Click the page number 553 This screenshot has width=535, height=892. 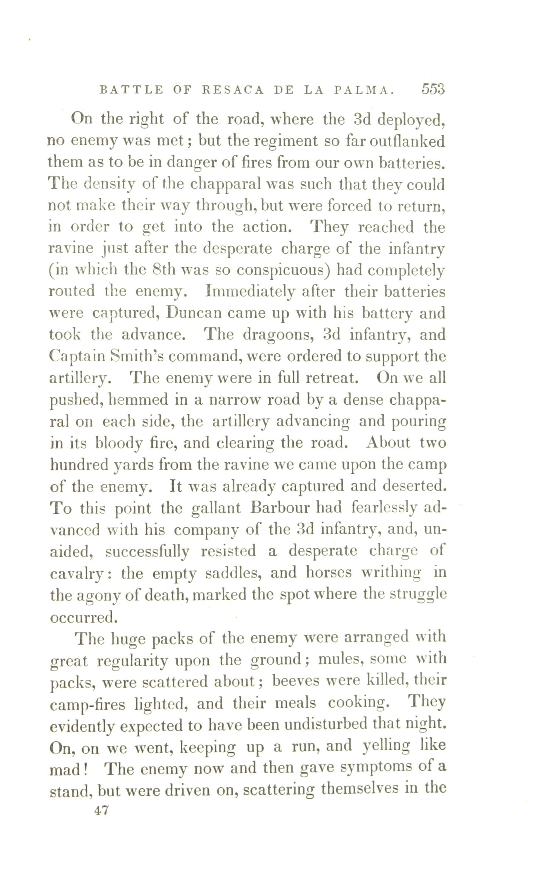pos(433,89)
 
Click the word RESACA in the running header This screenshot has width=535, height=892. pos(233,90)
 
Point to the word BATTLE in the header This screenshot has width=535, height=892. pos(131,90)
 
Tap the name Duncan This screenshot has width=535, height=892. pos(194,313)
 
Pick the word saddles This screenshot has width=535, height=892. pos(233,573)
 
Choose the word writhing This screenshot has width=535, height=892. pos(391,573)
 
